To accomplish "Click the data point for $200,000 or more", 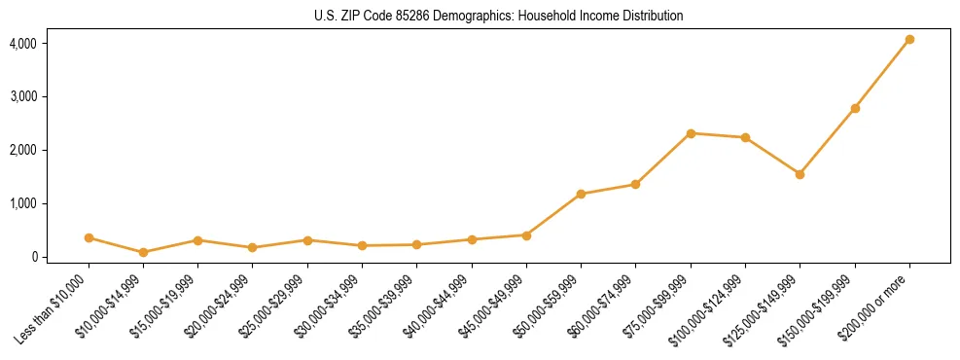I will [909, 40].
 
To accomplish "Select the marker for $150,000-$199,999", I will [855, 108].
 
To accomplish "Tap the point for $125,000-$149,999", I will [800, 174].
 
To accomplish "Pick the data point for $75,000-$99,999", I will [691, 133].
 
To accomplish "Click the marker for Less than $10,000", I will [89, 237].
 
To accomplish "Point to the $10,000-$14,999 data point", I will [143, 252].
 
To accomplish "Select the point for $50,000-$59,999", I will [581, 194].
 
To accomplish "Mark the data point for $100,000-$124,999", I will [745, 137].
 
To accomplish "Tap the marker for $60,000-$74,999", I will [635, 184].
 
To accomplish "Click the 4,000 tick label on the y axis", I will [22, 44].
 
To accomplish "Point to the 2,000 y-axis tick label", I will [22, 151].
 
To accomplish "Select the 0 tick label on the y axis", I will [32, 257].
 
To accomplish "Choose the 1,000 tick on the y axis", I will [22, 203].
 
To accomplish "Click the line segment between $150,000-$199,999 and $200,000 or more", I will [882, 74].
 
